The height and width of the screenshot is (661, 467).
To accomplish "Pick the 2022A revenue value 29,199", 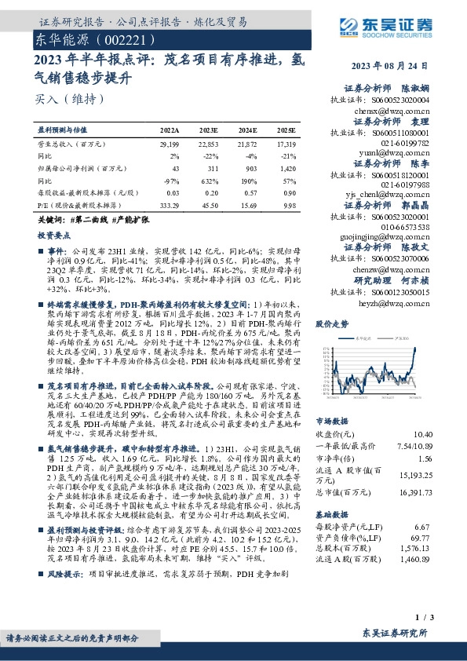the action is pos(170,145).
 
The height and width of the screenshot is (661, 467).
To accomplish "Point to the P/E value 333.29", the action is pos(169,204).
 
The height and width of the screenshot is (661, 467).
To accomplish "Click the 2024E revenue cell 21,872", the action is pos(247,145).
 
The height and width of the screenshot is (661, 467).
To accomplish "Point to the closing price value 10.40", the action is pos(421,434).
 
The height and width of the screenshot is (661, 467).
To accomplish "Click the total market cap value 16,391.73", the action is pos(414,491).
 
